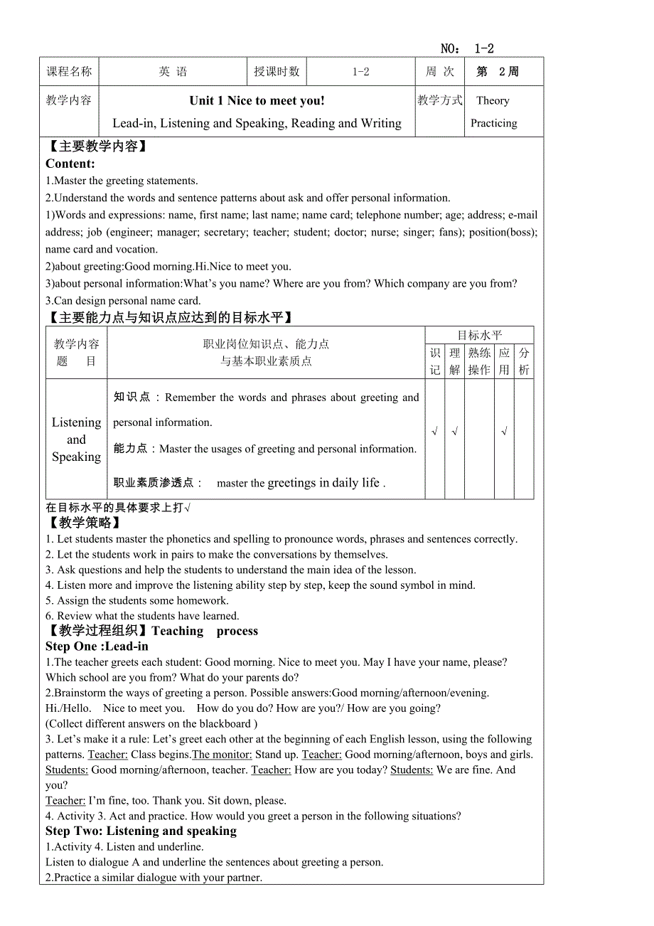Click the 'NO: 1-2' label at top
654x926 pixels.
coord(467,48)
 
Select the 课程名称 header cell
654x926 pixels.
coord(69,72)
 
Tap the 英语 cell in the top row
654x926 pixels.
coord(173,72)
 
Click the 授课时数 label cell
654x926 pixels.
coord(277,72)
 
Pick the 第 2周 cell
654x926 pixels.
coord(498,72)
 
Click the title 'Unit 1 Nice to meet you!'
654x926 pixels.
coord(257,100)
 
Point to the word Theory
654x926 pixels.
coord(493,100)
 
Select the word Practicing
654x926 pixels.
coord(493,123)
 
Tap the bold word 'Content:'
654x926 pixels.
coord(70,164)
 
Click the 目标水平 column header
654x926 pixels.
coord(479,335)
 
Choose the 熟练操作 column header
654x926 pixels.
coord(479,361)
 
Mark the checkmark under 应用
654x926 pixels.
coord(504,431)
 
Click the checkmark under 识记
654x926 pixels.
coord(435,431)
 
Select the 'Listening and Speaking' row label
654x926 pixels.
coord(76,440)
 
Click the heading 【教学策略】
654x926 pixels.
coord(82,523)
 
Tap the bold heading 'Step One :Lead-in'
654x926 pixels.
coord(97,646)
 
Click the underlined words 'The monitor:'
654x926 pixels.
coord(222,755)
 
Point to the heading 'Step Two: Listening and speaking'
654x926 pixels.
coord(141,831)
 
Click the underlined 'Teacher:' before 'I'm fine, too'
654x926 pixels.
coord(65,801)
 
